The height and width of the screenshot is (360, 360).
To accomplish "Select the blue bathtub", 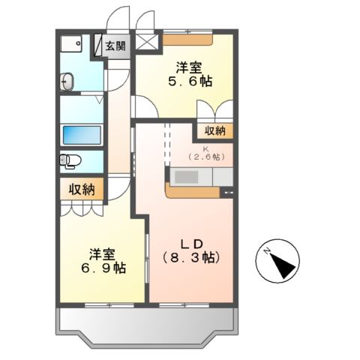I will click(82, 136).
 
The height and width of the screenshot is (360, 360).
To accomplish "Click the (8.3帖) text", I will click(190, 258).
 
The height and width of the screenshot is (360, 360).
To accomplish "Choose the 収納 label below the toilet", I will click(82, 189).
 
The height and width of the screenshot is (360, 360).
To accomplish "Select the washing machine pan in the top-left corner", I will click(71, 43).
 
